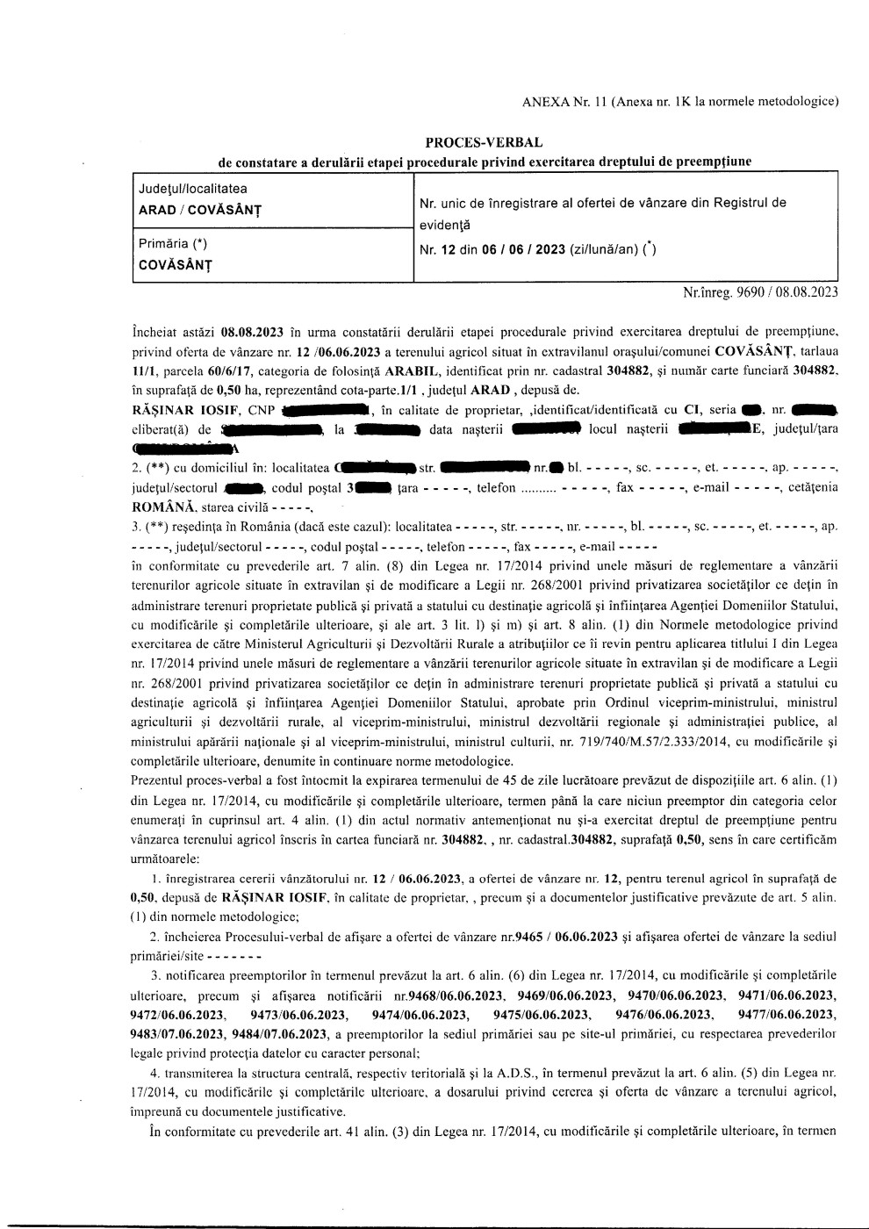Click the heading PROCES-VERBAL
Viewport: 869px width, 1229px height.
point(483,142)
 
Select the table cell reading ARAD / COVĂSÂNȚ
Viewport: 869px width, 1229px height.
point(200,210)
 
